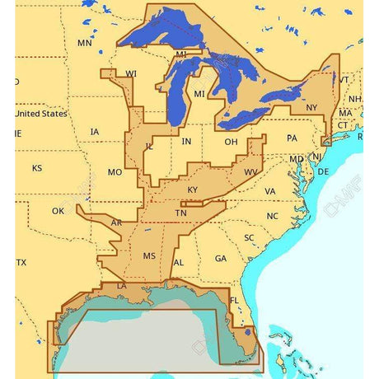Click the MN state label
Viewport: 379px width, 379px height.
click(x=84, y=42)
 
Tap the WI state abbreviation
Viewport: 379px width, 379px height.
click(x=131, y=73)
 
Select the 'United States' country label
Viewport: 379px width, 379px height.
click(x=42, y=114)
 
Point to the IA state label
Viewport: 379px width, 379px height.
click(x=95, y=131)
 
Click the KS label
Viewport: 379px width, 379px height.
click(x=37, y=168)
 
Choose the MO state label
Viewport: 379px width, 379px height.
click(x=115, y=172)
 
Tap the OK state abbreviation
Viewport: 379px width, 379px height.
click(x=58, y=211)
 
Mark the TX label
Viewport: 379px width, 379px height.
click(x=21, y=262)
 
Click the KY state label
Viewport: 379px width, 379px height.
click(x=193, y=189)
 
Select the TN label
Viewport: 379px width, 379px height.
click(x=180, y=213)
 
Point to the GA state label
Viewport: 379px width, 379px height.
click(x=220, y=258)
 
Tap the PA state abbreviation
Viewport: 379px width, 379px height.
click(x=292, y=138)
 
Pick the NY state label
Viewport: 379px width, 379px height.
click(x=311, y=108)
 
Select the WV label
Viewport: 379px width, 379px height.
click(x=250, y=171)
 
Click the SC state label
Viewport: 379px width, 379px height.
click(x=249, y=237)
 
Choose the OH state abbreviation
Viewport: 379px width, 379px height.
click(x=232, y=141)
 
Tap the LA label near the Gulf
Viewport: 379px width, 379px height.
click(x=122, y=286)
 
